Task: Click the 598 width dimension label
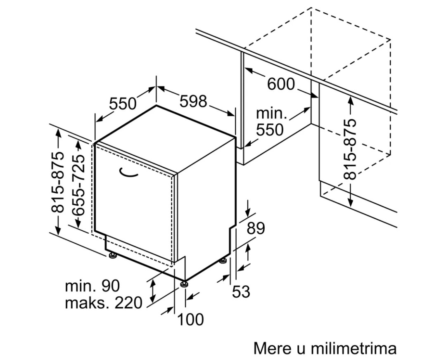click(193, 101)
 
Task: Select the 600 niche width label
click(281, 84)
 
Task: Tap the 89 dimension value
click(256, 228)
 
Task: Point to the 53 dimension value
click(241, 291)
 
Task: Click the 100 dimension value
click(190, 319)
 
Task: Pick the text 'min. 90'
click(92, 285)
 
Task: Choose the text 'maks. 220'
click(103, 303)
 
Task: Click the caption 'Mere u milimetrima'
click(325, 348)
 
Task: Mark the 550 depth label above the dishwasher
click(123, 103)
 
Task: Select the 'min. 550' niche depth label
click(271, 122)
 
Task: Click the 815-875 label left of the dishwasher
click(58, 182)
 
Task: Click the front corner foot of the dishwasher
click(184, 284)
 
